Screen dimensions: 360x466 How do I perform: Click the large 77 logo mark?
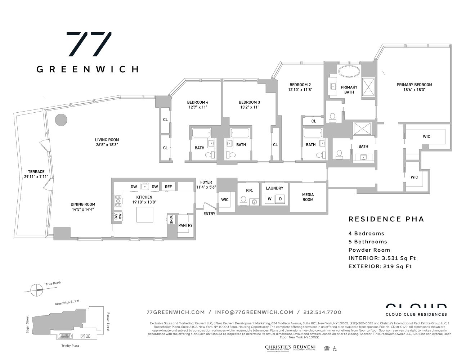pos(89,44)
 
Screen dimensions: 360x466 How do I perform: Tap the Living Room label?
pos(107,140)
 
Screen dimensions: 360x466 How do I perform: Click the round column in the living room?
pos(61,120)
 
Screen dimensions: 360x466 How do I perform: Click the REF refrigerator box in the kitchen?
pos(168,186)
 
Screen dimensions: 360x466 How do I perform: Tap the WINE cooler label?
pos(171,219)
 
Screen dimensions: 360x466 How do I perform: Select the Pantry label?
pos(185,225)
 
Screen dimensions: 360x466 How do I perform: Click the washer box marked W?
pos(269,199)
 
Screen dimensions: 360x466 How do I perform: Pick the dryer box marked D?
pos(280,199)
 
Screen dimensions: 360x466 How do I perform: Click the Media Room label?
pos(308,197)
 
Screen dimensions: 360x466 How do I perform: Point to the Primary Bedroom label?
pos(415,85)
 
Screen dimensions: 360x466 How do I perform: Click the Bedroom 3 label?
pos(249,102)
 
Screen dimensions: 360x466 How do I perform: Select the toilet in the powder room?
pos(243,200)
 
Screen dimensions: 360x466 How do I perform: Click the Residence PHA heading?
pos(386,219)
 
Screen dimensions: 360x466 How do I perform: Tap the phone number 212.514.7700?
pos(322,312)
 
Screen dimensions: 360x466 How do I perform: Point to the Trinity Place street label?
pos(70,346)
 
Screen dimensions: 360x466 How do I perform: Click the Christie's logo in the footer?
pos(278,348)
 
